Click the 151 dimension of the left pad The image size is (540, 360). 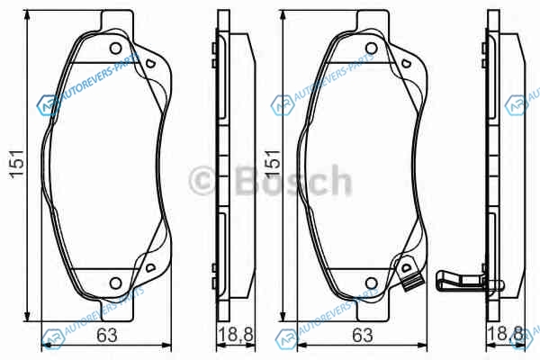click(17, 165)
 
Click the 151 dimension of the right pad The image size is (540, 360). click(273, 165)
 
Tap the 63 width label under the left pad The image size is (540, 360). click(107, 335)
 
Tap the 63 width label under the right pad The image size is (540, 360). click(363, 335)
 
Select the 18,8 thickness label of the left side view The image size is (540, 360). click(236, 335)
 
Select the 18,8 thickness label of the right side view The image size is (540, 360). click(505, 335)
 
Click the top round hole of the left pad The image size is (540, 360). click(116, 49)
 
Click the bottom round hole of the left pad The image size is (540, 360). click(116, 283)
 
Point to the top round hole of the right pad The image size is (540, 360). click(371, 49)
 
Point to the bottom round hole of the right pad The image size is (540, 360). click(371, 283)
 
